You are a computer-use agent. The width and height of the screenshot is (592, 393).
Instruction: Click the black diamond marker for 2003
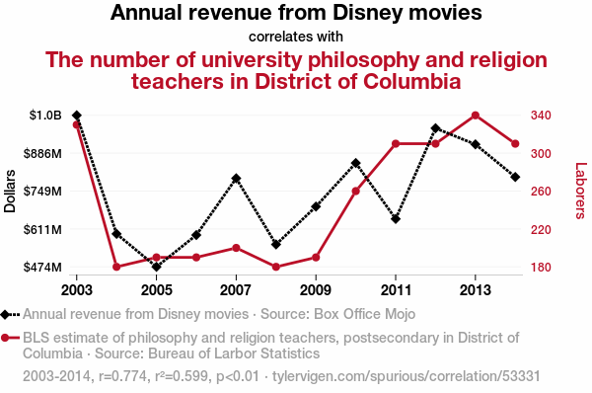(77, 116)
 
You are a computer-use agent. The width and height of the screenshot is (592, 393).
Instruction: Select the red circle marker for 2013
(476, 116)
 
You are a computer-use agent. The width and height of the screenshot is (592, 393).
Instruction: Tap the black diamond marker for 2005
(156, 267)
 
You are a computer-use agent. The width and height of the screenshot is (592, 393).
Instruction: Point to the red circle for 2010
(355, 192)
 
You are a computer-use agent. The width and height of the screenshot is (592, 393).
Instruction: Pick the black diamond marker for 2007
(236, 179)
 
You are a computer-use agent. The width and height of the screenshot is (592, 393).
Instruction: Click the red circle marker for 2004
(116, 267)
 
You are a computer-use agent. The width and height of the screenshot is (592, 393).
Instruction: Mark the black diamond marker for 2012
(435, 128)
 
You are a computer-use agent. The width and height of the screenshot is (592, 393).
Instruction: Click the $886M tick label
(42, 153)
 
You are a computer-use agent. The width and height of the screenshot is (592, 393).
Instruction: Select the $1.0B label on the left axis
(45, 115)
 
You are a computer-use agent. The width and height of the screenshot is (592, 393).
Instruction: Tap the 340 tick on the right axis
(541, 115)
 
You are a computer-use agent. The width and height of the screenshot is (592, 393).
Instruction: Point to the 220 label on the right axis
(541, 229)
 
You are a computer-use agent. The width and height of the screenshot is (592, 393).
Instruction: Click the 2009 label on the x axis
(316, 290)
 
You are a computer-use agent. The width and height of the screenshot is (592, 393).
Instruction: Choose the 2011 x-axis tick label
(396, 290)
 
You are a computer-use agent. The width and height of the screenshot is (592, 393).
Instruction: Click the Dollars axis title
(10, 192)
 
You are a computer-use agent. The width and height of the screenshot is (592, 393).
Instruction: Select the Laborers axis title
(581, 191)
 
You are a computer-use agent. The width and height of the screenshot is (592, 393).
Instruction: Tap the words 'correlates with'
(296, 37)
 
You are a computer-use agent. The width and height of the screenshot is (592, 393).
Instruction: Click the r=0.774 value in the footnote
(122, 376)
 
